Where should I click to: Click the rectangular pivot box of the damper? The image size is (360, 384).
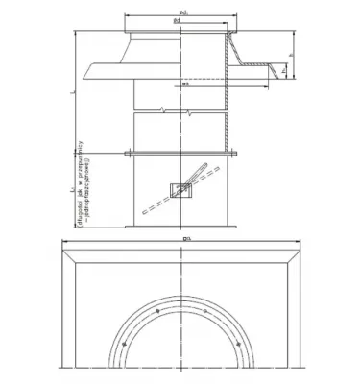tap(179, 190)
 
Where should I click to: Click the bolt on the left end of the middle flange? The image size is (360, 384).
tap(127, 152)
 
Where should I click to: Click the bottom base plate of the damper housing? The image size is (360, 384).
tap(180, 226)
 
